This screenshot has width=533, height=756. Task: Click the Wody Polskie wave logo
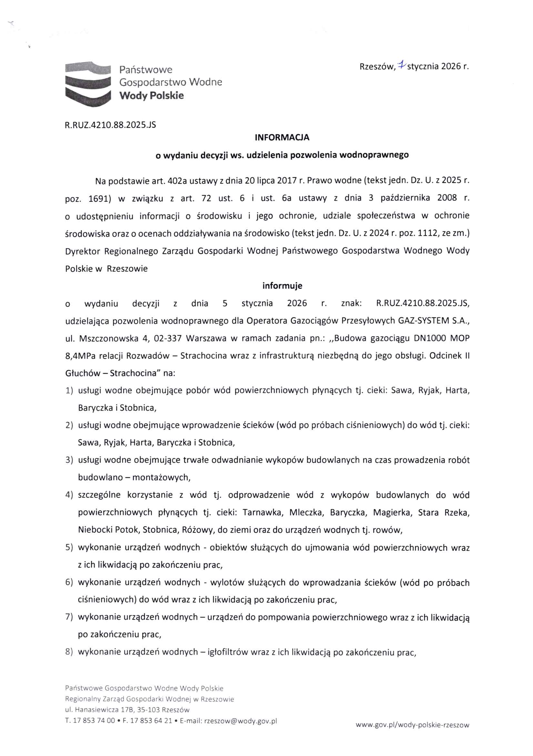pos(88,84)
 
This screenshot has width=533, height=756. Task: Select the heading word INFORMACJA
pos(282,138)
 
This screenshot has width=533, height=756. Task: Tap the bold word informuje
pos(282,286)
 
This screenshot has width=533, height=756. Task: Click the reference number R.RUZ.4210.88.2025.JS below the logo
pos(111,125)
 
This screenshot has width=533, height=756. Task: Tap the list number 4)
pos(69,495)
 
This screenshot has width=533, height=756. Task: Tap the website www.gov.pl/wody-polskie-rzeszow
pos(412,725)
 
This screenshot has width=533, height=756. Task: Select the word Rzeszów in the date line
pos(377,67)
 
